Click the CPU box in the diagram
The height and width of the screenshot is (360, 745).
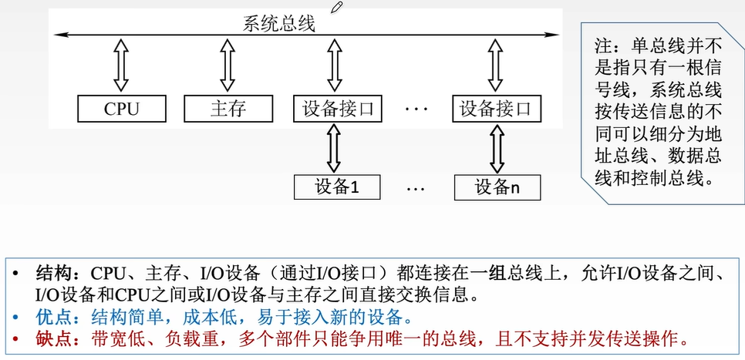[122, 109]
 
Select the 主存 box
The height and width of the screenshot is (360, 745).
[228, 109]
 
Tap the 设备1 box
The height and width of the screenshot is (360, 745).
[338, 187]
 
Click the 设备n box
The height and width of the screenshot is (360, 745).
[497, 187]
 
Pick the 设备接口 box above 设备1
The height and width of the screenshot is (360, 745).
[338, 109]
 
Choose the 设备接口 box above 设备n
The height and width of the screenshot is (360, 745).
[497, 109]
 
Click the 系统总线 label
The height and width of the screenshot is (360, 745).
[279, 24]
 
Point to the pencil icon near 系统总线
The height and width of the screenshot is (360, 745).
[336, 7]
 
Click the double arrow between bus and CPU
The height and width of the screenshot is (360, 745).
[121, 66]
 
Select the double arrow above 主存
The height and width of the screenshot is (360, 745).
[227, 66]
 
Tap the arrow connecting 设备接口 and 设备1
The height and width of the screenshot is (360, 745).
[334, 148]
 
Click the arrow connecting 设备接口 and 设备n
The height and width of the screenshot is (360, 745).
[494, 148]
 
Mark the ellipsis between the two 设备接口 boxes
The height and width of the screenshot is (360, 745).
[416, 109]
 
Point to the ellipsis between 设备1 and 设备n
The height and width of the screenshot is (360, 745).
[416, 187]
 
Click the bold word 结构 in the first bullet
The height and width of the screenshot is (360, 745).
[52, 274]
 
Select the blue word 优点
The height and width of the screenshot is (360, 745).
[52, 317]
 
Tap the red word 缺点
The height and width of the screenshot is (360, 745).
[52, 338]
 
